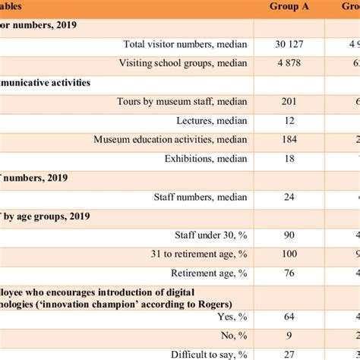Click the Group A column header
point(289,7)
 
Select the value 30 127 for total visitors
point(289,44)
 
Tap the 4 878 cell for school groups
point(289,63)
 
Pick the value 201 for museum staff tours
point(289,101)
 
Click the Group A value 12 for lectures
point(289,120)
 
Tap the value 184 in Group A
point(289,140)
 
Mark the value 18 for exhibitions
point(289,159)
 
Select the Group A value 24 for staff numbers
point(289,197)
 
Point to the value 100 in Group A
point(289,254)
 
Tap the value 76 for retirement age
point(289,273)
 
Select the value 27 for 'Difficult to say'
point(289,354)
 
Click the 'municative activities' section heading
point(56,82)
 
